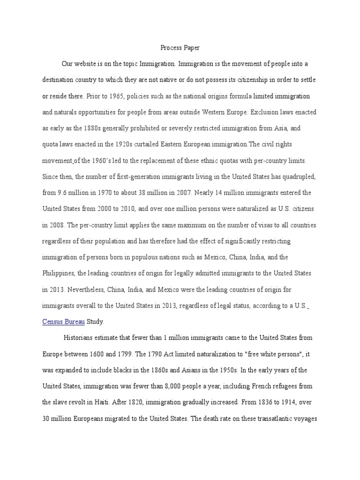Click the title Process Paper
(180, 48)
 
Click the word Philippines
(59, 273)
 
